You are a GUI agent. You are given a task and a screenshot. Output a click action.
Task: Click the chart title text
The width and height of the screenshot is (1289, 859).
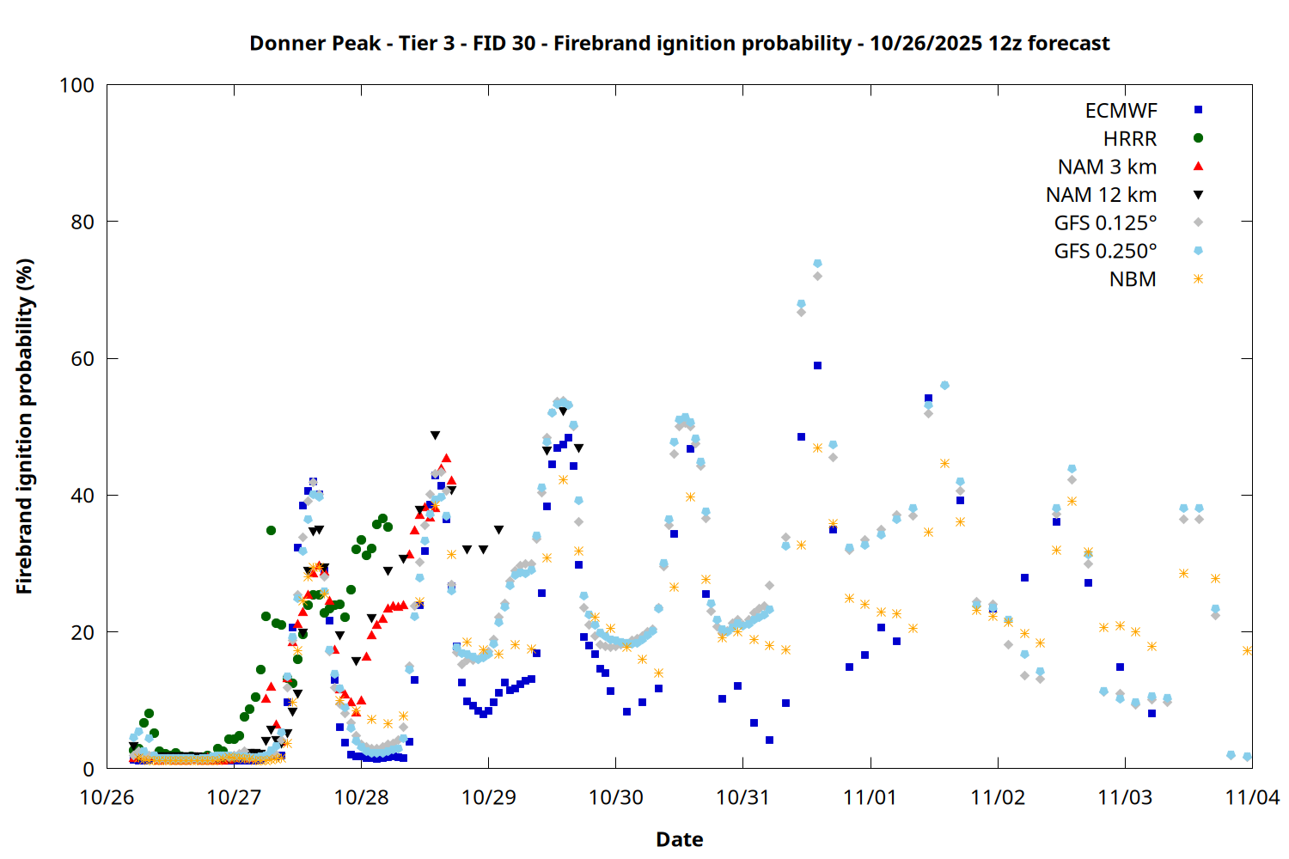[679, 43]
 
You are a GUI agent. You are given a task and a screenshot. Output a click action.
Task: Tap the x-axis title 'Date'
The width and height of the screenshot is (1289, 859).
[679, 839]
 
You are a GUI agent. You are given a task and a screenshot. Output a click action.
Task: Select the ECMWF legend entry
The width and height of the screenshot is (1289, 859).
[1121, 111]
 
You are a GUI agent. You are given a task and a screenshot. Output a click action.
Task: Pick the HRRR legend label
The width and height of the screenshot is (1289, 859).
[1130, 139]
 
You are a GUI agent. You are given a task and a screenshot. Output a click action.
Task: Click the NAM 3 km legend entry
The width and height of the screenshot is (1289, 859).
[1107, 167]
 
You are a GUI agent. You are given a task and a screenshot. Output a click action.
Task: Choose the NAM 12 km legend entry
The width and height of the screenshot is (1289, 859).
[1101, 195]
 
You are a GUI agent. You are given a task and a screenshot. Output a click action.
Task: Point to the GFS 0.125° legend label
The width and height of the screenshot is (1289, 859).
[1105, 223]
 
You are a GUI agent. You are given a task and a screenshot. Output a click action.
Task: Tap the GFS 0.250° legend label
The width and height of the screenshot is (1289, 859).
[1105, 251]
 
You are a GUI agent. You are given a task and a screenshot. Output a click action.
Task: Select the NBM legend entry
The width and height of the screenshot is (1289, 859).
[1133, 279]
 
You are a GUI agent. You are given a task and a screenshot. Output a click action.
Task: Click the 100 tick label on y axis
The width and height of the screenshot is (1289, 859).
[76, 85]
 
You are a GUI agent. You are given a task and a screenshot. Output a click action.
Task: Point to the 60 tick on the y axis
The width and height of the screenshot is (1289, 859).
[82, 358]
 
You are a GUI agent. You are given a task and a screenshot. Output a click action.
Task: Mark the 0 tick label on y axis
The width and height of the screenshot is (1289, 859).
[89, 769]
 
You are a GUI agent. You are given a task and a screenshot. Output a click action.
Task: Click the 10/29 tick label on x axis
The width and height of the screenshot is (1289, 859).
[488, 797]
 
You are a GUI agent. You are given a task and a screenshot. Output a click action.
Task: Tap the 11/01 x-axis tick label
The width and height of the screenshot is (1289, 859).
[871, 797]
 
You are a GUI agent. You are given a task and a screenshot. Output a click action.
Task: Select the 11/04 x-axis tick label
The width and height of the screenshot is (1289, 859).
[1251, 797]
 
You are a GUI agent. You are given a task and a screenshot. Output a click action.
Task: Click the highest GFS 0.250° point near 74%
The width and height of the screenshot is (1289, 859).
[817, 264]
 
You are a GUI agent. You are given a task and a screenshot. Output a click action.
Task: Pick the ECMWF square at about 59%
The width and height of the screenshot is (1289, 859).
[817, 366]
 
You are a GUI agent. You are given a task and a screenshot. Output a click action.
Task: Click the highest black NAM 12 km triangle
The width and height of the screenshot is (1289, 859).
[435, 436]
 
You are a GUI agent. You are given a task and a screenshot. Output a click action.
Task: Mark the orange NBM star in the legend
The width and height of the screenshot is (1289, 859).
[1198, 279]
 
